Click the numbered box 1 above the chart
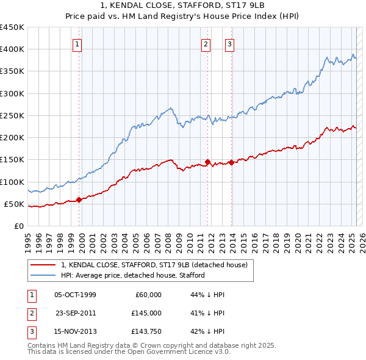[x=78, y=43]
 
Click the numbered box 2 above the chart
[x=206, y=43]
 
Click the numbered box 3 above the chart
[x=229, y=43]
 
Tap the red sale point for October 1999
[x=79, y=200]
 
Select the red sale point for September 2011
[x=208, y=162]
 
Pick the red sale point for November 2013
[x=232, y=162]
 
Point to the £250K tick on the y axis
[x=12, y=115]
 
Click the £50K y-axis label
[x=14, y=204]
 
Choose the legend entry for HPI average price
[x=132, y=275]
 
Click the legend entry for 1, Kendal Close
[x=154, y=265]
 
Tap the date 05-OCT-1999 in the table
[x=75, y=295]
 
